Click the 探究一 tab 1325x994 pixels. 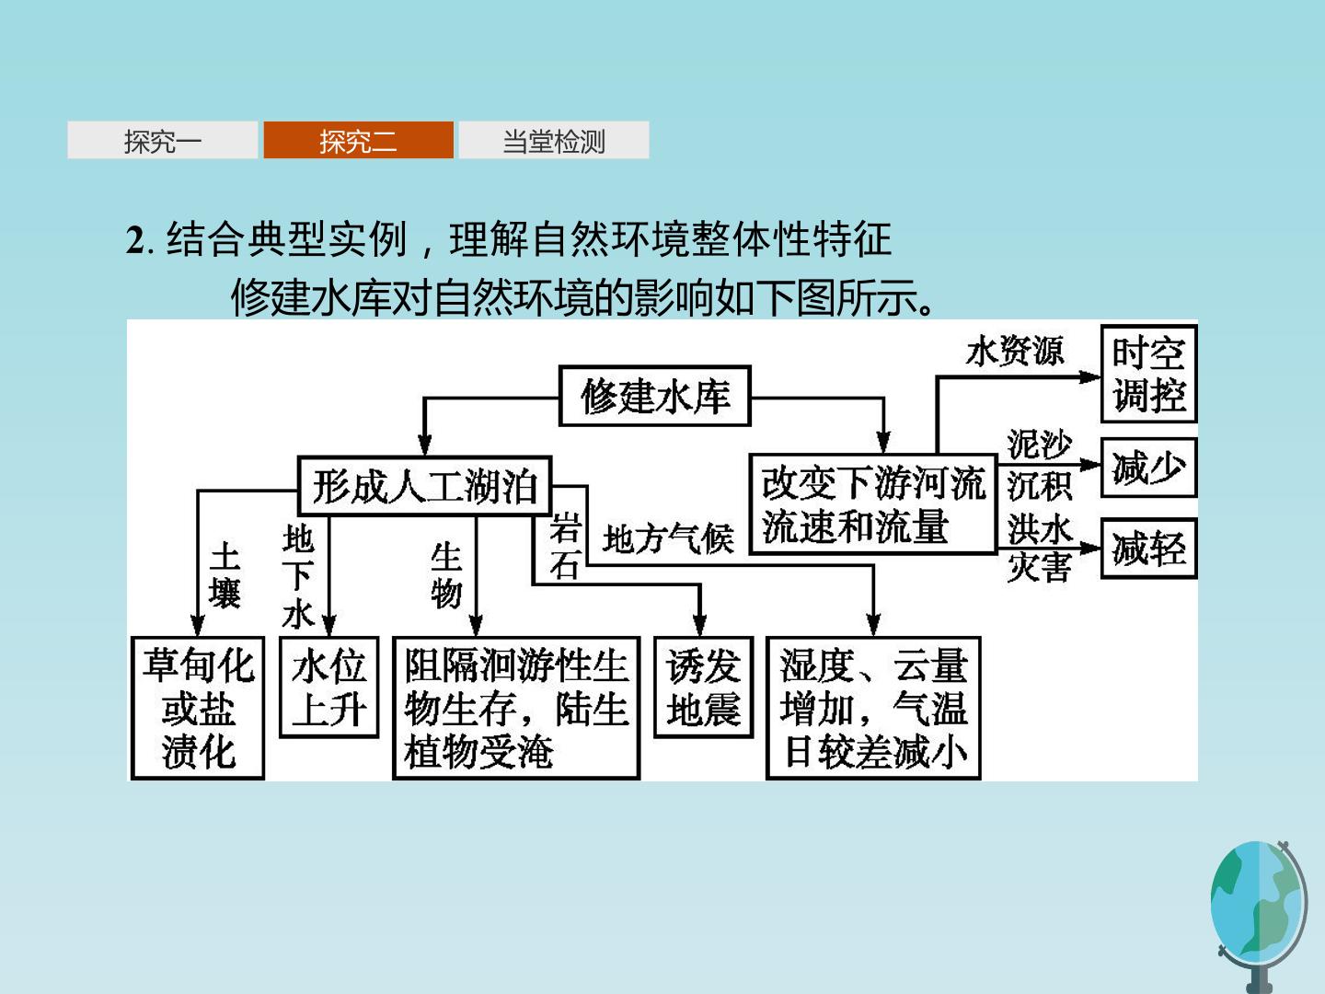162,140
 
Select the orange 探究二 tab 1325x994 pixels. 359,140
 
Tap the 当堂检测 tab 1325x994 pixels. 554,140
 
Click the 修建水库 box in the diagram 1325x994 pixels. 655,396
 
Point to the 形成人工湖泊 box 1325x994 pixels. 425,486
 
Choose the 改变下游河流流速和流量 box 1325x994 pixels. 873,504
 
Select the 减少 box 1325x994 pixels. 1148,468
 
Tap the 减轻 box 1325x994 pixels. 1148,549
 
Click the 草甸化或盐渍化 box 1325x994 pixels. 198,708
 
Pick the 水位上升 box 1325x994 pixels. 329,688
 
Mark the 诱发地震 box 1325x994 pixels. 704,688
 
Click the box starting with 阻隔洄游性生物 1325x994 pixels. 516,708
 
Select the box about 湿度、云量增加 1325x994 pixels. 873,708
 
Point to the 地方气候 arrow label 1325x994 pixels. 668,538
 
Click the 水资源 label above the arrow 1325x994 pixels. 1015,351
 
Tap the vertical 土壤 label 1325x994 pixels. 225,574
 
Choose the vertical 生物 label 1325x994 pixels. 446,574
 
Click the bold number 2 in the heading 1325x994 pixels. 134,240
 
